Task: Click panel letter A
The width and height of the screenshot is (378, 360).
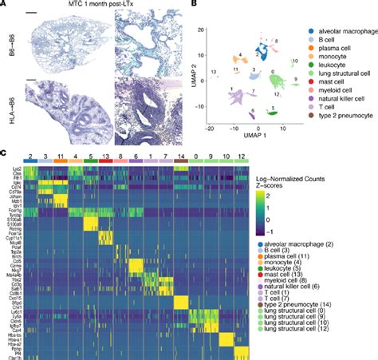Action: coord(4,4)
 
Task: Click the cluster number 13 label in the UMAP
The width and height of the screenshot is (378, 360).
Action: coord(214,73)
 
